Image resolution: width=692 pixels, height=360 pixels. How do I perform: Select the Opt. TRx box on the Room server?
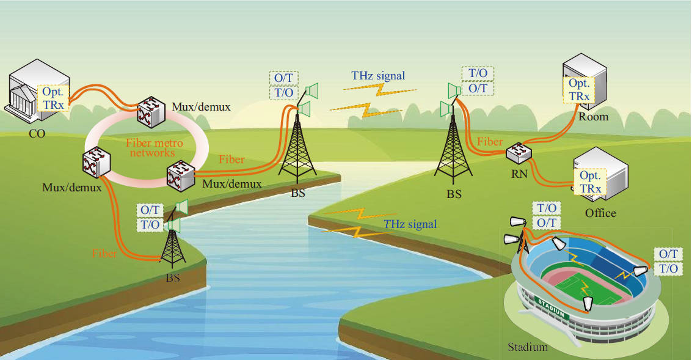pyautogui.click(x=579, y=90)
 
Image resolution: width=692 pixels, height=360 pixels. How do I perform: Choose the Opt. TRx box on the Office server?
pyautogui.click(x=590, y=182)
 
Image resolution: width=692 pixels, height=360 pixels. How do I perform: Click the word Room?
pyautogui.click(x=593, y=116)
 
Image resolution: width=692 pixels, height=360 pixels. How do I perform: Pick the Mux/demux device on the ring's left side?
pyautogui.click(x=94, y=165)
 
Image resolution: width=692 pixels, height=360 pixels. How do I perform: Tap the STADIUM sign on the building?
pyautogui.click(x=552, y=305)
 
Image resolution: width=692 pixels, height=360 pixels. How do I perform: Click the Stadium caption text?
pyautogui.click(x=528, y=348)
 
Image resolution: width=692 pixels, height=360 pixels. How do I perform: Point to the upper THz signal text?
pyautogui.click(x=378, y=76)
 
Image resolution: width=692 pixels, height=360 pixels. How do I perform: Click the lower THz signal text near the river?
pyautogui.click(x=410, y=224)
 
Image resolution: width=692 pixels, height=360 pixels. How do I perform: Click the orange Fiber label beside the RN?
pyautogui.click(x=490, y=142)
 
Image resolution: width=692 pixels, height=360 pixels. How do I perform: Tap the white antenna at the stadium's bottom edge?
pyautogui.click(x=588, y=303)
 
